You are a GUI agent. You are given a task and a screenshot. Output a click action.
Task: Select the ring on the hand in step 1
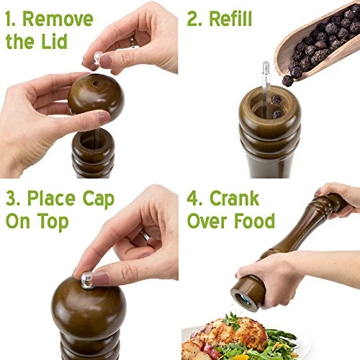(132, 42)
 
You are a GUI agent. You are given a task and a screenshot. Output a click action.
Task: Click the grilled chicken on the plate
(220, 336)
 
